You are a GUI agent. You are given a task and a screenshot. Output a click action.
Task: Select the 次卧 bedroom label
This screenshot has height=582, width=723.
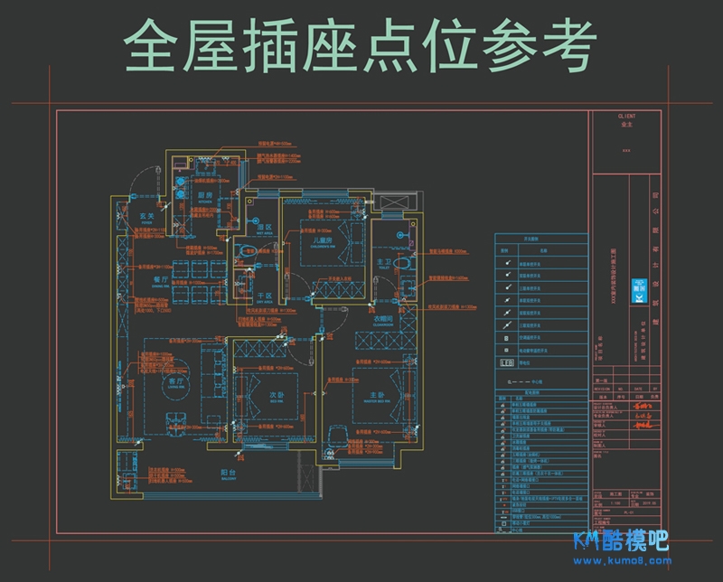click(x=277, y=395)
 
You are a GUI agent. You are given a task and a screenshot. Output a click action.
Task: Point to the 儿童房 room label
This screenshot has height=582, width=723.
click(x=324, y=241)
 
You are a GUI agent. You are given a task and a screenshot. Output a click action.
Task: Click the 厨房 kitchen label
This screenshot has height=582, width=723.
click(x=206, y=194)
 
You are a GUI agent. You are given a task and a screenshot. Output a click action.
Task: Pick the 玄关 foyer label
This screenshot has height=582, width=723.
click(x=148, y=216)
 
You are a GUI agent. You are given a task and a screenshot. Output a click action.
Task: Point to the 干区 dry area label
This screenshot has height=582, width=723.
click(x=265, y=296)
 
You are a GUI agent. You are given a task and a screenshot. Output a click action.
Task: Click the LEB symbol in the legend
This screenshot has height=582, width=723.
click(x=507, y=362)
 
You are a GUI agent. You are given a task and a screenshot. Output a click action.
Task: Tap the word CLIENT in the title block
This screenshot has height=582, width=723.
click(x=626, y=117)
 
